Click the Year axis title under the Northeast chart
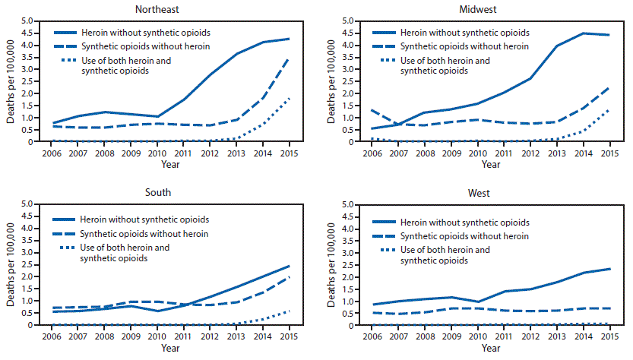(170, 163)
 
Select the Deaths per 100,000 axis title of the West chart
(329, 265)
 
